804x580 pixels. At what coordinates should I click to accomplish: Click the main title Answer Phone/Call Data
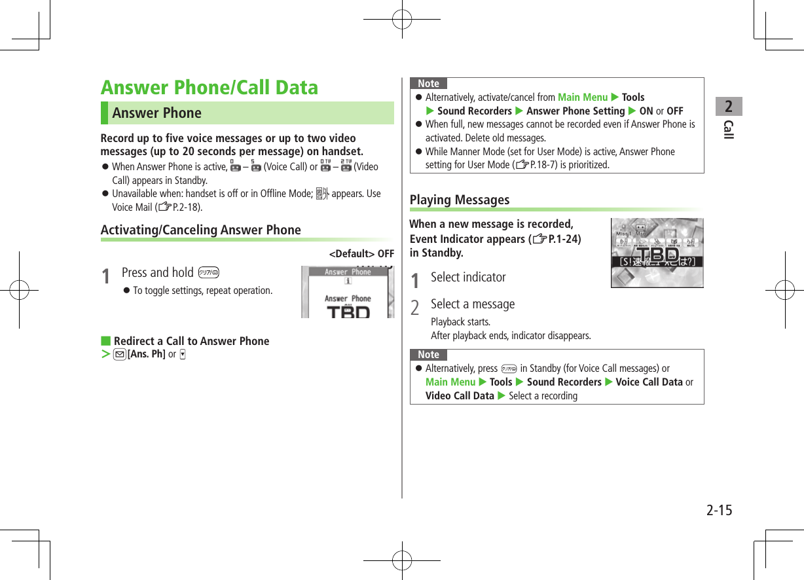(210, 88)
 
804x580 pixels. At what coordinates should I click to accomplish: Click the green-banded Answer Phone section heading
(156, 113)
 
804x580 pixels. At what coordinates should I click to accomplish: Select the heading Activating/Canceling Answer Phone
(200, 230)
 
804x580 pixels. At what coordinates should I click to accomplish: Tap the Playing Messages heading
(459, 200)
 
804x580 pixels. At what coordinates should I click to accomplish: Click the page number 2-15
(719, 510)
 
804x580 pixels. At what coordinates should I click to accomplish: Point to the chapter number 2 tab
(728, 106)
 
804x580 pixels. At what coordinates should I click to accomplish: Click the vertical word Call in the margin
(728, 130)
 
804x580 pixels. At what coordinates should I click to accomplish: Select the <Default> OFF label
(361, 254)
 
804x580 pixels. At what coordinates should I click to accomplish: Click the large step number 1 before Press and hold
(105, 276)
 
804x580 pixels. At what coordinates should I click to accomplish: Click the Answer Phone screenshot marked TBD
(348, 292)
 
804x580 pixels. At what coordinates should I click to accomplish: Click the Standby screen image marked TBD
(657, 253)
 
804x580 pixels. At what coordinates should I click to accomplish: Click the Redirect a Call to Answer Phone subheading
(191, 341)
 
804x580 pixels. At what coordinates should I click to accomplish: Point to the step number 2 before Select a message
(414, 306)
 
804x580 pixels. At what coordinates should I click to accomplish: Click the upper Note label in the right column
(428, 83)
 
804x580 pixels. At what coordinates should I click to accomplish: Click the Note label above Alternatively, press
(428, 354)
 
